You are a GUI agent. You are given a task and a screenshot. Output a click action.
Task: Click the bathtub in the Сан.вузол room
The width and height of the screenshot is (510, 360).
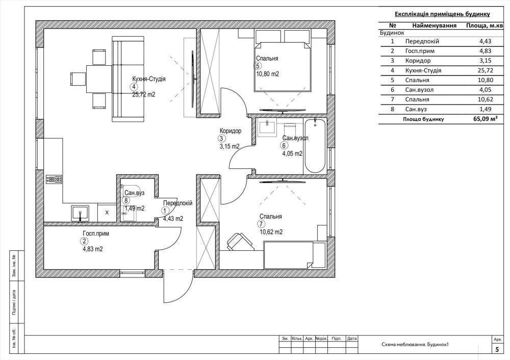[x=315, y=146]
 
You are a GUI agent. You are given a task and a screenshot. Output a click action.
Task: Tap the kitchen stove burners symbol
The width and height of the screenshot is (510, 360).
[x=54, y=179]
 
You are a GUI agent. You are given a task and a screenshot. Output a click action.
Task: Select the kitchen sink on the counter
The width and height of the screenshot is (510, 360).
[x=80, y=213]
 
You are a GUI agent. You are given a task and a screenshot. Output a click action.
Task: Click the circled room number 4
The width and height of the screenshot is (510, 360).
[x=133, y=87]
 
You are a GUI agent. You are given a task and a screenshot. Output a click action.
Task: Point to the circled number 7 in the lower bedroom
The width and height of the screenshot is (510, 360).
[x=261, y=224]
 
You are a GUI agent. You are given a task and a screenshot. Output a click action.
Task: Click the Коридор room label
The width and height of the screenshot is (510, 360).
[x=231, y=131]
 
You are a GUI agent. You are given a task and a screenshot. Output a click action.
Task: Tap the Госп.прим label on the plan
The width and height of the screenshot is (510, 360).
[x=96, y=234]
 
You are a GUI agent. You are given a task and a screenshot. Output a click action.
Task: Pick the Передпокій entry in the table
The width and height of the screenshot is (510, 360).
[x=422, y=41]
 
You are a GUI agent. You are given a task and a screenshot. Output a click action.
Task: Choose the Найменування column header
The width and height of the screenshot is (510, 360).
[x=434, y=25]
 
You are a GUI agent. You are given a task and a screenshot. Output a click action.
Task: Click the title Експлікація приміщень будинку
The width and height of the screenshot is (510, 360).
[x=442, y=14]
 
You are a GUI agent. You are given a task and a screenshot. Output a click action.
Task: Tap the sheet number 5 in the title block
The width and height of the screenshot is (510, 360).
[x=497, y=350]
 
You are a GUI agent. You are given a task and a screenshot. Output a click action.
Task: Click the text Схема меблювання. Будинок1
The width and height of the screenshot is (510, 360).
[x=415, y=345]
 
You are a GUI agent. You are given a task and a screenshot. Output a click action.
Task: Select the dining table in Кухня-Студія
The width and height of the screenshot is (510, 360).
[x=99, y=79]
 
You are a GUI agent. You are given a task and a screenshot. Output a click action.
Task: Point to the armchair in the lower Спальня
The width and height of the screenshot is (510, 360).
[x=241, y=242]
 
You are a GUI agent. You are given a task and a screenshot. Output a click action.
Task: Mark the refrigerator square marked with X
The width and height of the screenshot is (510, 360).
[x=107, y=213]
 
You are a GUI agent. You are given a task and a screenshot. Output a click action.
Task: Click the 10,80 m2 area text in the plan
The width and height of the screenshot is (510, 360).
[x=267, y=74]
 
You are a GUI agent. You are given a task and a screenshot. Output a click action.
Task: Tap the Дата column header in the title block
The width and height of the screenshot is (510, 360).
[x=351, y=339]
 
